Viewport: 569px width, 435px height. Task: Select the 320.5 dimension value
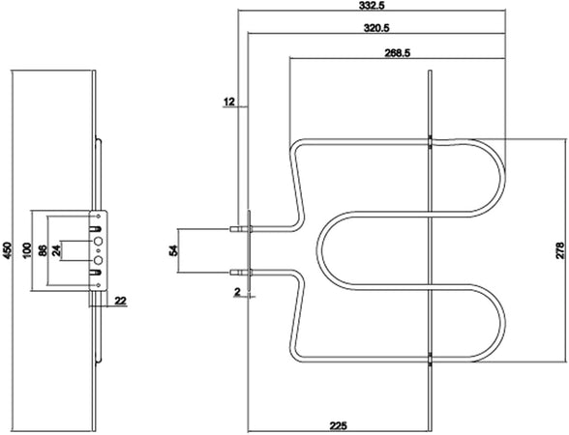(x=376, y=28)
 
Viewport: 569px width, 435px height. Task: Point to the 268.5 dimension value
(x=398, y=53)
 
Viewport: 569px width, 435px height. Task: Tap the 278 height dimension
(x=559, y=250)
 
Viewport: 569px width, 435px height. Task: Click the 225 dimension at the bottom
(x=339, y=425)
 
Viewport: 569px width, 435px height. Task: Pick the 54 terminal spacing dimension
(x=174, y=250)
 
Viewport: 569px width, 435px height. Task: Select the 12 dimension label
(x=229, y=102)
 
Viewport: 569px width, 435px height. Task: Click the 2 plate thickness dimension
(x=238, y=292)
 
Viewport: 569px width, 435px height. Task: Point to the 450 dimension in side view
(x=8, y=250)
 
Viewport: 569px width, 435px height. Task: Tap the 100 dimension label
(x=28, y=250)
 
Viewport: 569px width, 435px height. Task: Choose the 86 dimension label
(x=43, y=250)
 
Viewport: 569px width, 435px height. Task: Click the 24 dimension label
(x=56, y=250)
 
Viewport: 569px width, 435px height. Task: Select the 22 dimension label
(x=120, y=301)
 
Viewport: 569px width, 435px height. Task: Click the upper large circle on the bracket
(x=99, y=241)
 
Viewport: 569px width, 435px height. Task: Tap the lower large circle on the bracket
(x=99, y=260)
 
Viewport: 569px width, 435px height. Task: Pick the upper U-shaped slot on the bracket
(x=96, y=229)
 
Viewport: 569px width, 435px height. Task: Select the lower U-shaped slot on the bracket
(x=96, y=272)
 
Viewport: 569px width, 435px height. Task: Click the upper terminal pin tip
(x=230, y=229)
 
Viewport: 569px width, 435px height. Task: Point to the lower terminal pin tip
(x=230, y=272)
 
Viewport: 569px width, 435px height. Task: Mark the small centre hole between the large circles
(x=98, y=250)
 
